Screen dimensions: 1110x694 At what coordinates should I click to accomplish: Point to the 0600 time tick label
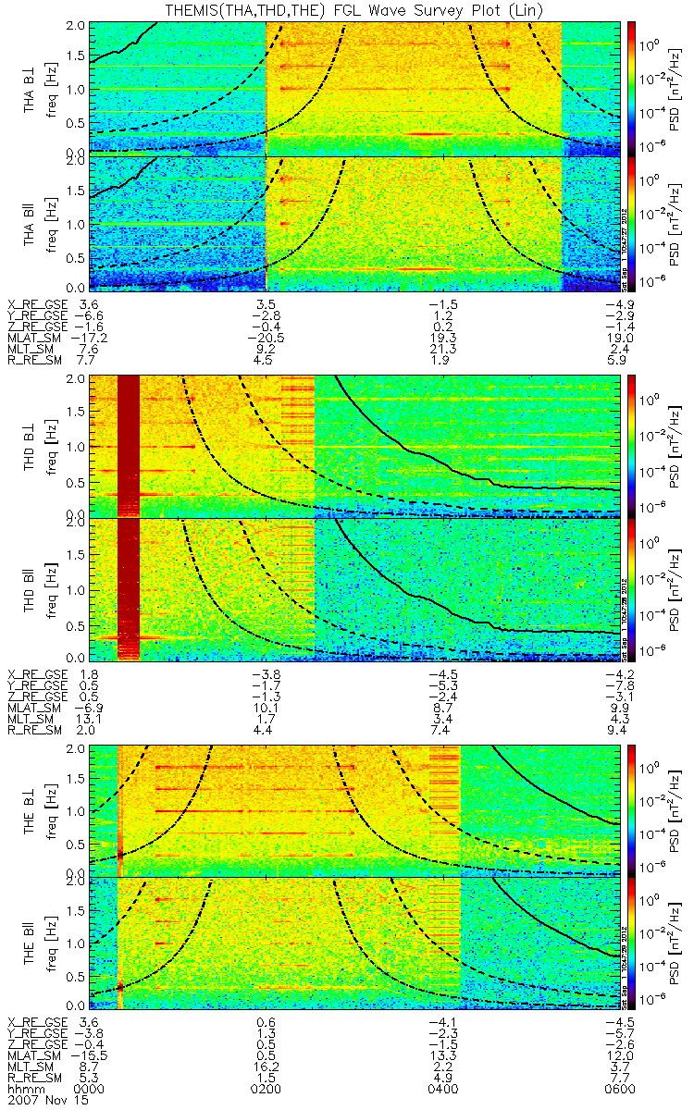(622, 1088)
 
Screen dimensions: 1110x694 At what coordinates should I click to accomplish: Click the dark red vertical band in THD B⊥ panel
(128, 444)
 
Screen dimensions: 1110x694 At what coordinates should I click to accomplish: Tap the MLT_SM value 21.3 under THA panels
(444, 351)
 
